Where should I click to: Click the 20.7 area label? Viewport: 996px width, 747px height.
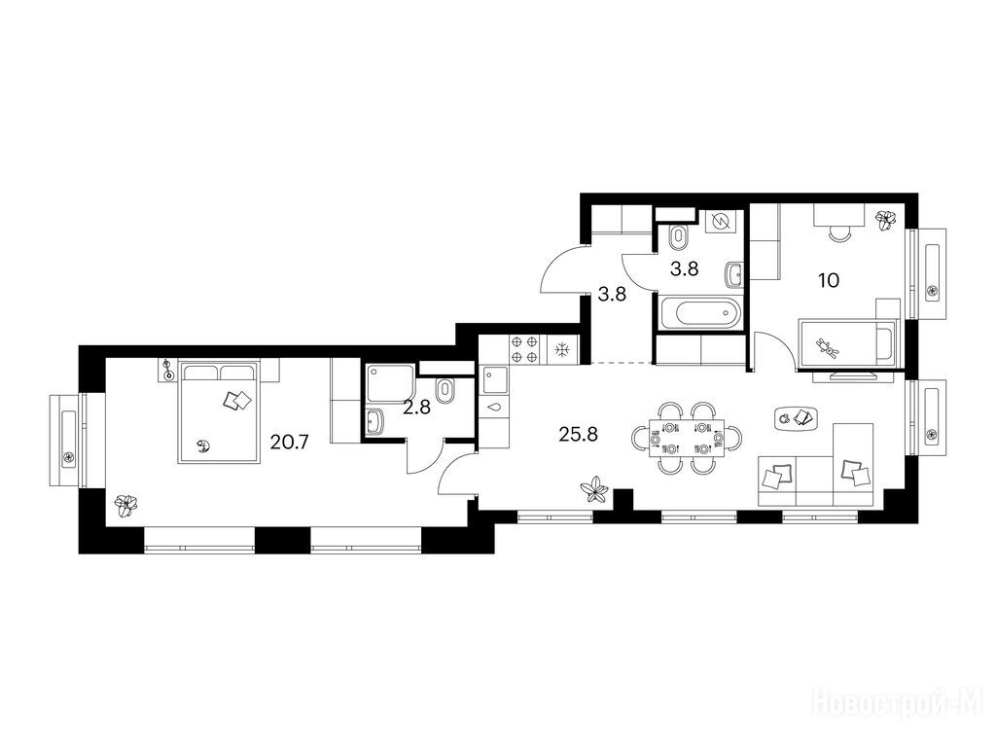[x=289, y=442]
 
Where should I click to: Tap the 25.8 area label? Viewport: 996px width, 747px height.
[x=578, y=435]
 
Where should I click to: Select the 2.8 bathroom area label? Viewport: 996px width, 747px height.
[x=416, y=408]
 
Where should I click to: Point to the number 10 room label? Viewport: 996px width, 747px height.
[x=829, y=280]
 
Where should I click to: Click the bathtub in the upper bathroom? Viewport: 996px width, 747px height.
[x=700, y=313]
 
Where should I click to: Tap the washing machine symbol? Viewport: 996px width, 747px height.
[x=721, y=222]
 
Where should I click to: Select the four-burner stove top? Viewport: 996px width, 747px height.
[x=525, y=350]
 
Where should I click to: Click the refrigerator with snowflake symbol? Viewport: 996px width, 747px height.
[x=561, y=350]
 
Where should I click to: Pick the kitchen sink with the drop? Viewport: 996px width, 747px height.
[x=495, y=408]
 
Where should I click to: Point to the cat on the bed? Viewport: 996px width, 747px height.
[x=204, y=446]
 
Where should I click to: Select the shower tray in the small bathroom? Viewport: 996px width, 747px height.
[x=389, y=383]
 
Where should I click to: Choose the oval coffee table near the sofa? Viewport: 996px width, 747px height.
[x=796, y=418]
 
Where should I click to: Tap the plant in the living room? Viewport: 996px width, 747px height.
[x=594, y=490]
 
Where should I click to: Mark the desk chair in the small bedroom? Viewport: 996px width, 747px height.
[x=839, y=234]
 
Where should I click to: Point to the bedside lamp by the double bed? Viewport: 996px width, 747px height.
[x=167, y=371]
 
